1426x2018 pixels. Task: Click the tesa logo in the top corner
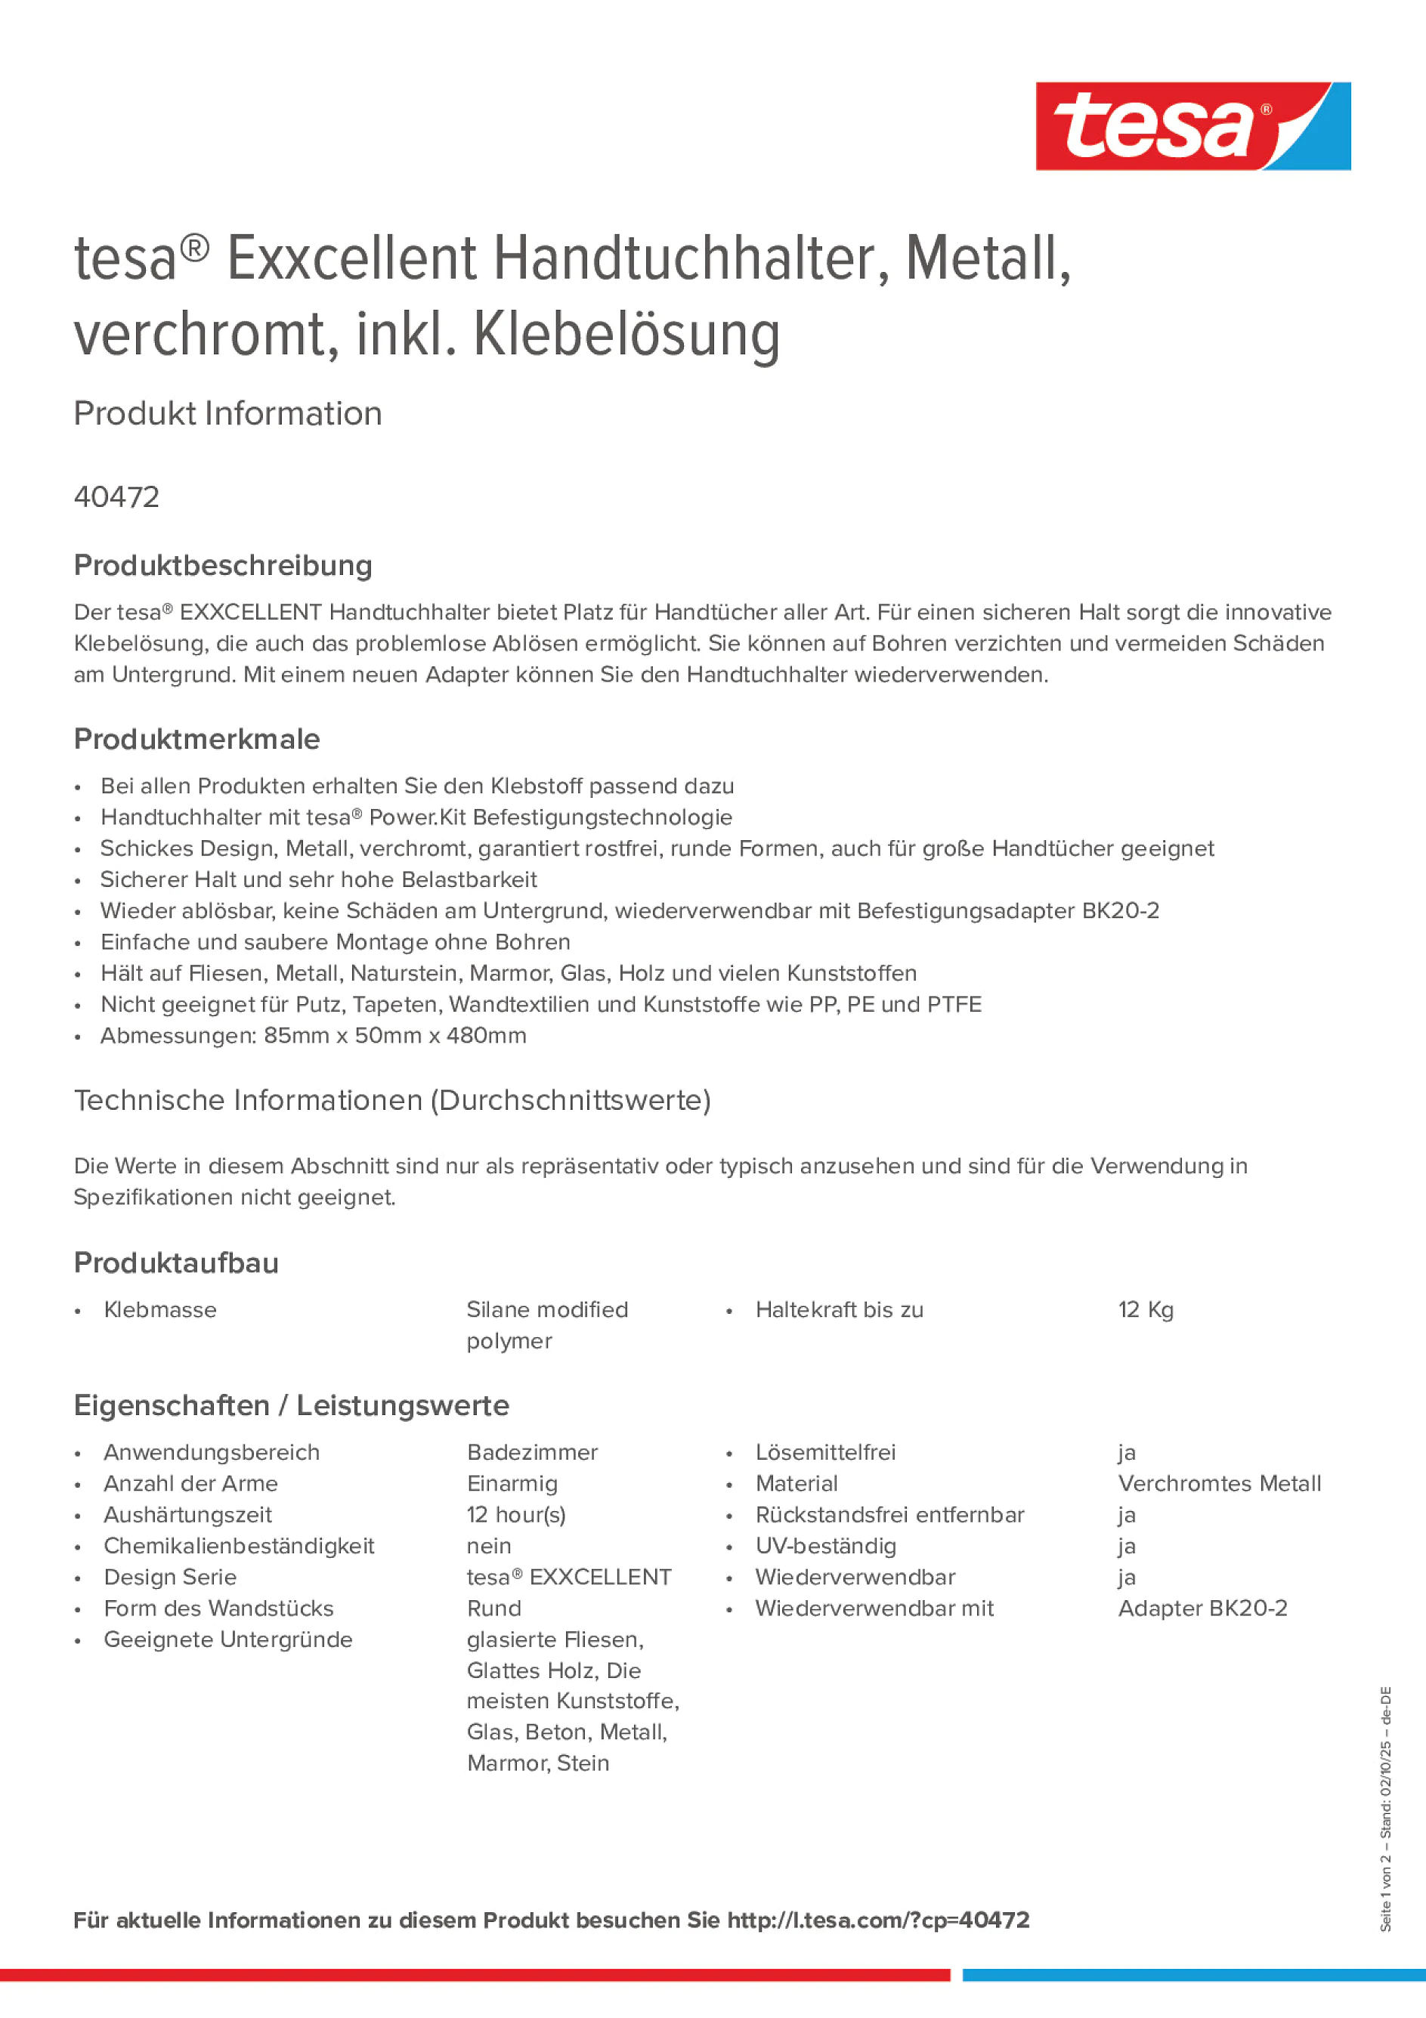pyautogui.click(x=1192, y=125)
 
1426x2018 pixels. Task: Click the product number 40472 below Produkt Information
pyautogui.click(x=117, y=496)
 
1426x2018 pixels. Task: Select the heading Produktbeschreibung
pyautogui.click(x=223, y=565)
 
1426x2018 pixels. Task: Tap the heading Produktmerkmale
pyautogui.click(x=197, y=738)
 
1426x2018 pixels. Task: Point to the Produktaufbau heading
pyautogui.click(x=176, y=1262)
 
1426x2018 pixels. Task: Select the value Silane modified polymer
pyautogui.click(x=547, y=1324)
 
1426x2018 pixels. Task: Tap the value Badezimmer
pyautogui.click(x=532, y=1452)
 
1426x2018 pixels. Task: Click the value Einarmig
pyautogui.click(x=512, y=1484)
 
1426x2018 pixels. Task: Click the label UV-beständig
pyautogui.click(x=825, y=1546)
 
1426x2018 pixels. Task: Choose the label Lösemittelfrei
pyautogui.click(x=825, y=1452)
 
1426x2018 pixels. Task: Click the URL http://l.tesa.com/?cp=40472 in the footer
pyautogui.click(x=878, y=1920)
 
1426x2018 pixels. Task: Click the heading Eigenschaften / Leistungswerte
pyautogui.click(x=291, y=1405)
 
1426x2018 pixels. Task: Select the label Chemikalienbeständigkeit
pyautogui.click(x=238, y=1546)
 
